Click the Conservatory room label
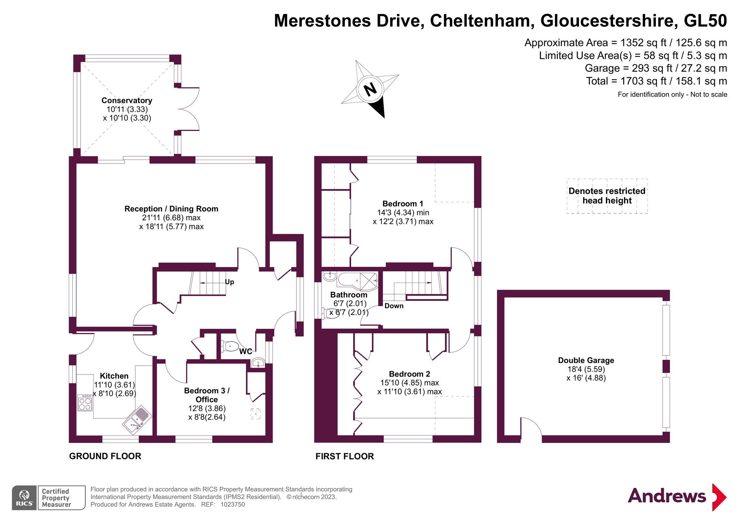coord(127,100)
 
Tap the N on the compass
coord(370,89)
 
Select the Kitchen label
coord(114,376)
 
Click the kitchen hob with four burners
coord(85,403)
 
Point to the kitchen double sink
coord(137,420)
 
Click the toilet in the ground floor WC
coord(230,347)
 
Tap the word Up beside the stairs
coord(229,282)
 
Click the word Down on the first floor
coord(394,306)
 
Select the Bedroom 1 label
coord(403,204)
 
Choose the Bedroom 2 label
coord(410,374)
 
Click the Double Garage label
coord(586,360)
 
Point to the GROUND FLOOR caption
coord(105,456)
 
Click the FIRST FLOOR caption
coord(345,456)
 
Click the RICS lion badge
coord(24,497)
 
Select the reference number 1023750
coord(233,504)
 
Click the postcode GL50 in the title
coord(705,20)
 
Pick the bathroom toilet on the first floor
coord(331,313)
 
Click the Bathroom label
coord(349,295)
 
